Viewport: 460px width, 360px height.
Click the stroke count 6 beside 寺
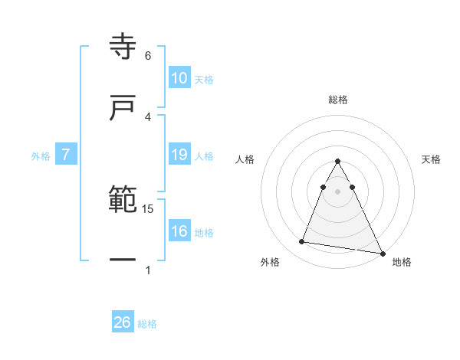[148, 56]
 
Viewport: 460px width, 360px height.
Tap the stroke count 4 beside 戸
[148, 116]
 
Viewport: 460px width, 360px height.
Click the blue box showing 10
[179, 78]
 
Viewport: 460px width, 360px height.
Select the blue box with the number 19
[179, 155]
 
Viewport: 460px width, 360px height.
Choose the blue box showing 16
[179, 231]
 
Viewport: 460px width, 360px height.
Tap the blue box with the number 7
[66, 155]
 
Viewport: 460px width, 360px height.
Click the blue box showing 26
[123, 322]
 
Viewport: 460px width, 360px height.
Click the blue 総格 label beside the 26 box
[147, 324]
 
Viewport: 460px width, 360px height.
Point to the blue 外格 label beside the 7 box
[41, 156]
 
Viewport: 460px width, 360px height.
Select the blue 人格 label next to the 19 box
[204, 156]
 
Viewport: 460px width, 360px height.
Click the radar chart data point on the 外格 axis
[302, 242]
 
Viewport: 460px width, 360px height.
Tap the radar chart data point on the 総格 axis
[338, 162]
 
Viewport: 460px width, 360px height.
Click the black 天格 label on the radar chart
[432, 159]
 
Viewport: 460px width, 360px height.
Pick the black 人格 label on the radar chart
[245, 159]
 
